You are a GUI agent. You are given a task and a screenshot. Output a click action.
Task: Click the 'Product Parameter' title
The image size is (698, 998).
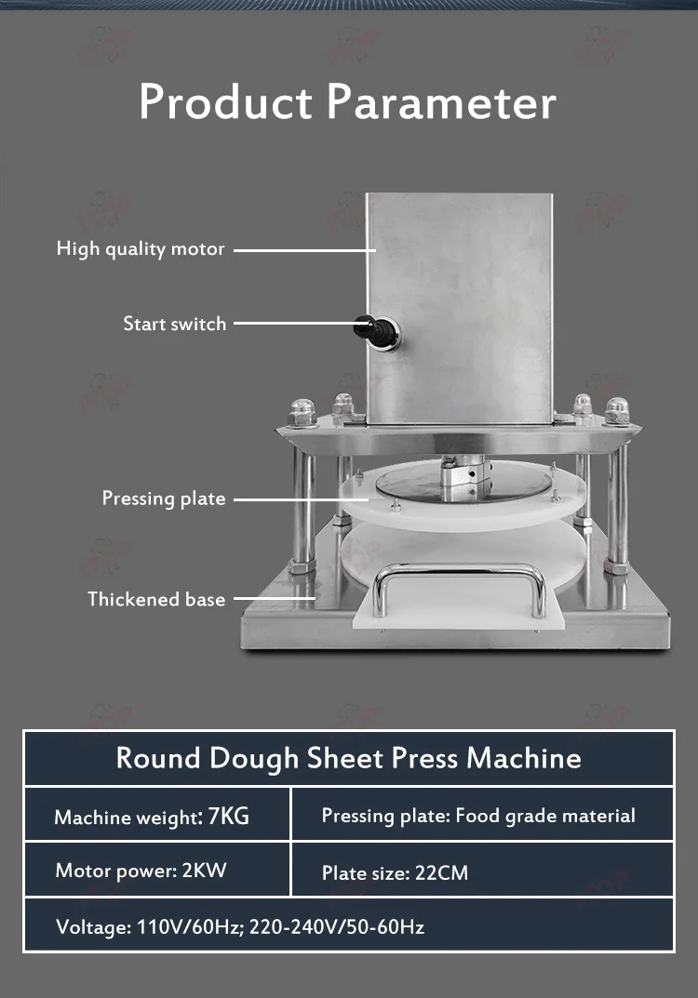348,102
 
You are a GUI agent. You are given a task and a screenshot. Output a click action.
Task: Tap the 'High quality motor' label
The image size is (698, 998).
141,249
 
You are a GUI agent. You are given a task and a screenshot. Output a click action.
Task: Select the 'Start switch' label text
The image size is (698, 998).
175,324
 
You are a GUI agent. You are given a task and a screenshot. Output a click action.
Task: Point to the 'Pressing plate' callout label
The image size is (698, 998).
164,499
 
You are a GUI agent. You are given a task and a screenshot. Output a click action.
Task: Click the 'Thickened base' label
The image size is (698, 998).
156,599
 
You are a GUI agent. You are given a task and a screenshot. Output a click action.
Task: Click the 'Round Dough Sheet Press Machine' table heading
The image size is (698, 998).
348,757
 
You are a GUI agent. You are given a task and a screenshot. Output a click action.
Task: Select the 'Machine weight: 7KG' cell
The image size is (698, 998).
152,817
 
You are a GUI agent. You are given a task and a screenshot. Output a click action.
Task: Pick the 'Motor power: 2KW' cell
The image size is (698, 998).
141,871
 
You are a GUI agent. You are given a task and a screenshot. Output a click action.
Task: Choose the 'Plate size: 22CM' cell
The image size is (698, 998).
395,873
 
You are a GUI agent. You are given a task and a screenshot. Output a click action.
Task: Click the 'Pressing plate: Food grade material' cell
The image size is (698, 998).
478,816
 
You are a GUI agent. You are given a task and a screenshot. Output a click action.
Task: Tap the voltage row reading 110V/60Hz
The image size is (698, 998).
240,926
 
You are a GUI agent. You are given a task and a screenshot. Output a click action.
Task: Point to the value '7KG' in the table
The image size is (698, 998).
229,817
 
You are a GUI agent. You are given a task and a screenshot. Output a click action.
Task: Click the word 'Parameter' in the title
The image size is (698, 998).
441,102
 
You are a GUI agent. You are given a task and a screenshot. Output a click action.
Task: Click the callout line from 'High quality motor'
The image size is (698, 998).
303,249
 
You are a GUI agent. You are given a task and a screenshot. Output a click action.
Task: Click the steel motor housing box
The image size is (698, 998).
460,298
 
